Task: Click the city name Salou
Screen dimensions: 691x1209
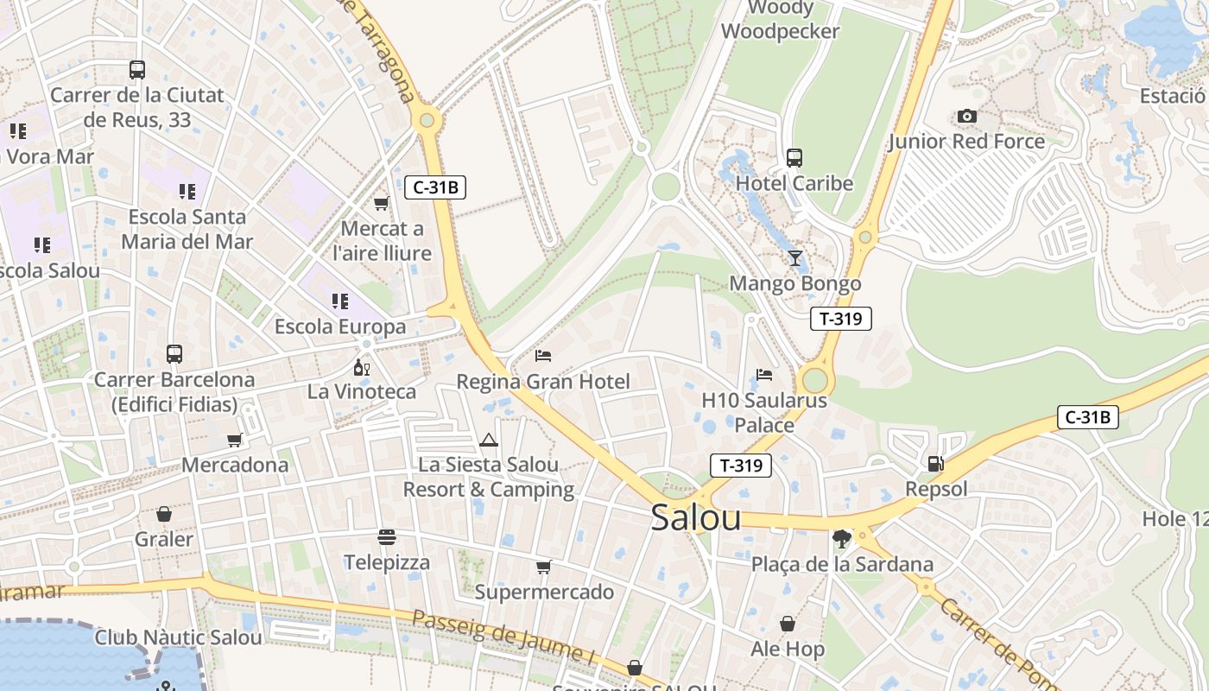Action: [x=695, y=517]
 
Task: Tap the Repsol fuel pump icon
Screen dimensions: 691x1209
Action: [x=935, y=464]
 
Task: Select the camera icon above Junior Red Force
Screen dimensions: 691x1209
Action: [x=966, y=116]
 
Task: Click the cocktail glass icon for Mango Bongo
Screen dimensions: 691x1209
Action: [x=794, y=258]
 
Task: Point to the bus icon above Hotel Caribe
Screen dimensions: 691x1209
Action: [x=794, y=158]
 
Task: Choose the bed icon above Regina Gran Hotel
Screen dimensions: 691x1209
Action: [x=543, y=355]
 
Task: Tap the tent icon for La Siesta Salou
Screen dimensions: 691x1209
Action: [x=489, y=440]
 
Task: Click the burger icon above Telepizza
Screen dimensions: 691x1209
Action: [x=386, y=537]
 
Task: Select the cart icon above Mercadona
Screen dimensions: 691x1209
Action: [x=235, y=440]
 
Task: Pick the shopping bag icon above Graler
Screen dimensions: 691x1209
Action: [x=164, y=514]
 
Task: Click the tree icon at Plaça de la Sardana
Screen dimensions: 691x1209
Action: [x=841, y=539]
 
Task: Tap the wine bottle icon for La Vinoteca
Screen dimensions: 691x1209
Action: [x=362, y=367]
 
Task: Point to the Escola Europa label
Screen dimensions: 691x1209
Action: [x=340, y=327]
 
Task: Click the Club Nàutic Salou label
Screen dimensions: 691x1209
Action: [x=178, y=638]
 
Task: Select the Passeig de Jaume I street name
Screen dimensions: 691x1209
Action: [x=503, y=640]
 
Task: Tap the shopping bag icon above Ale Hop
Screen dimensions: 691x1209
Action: [x=788, y=624]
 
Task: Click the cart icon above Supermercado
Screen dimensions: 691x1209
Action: [x=543, y=567]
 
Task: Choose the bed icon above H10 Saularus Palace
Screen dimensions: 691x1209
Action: [x=764, y=375]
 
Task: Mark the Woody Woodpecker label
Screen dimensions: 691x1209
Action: [x=780, y=20]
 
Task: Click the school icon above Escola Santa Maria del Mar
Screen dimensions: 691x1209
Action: [x=187, y=191]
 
